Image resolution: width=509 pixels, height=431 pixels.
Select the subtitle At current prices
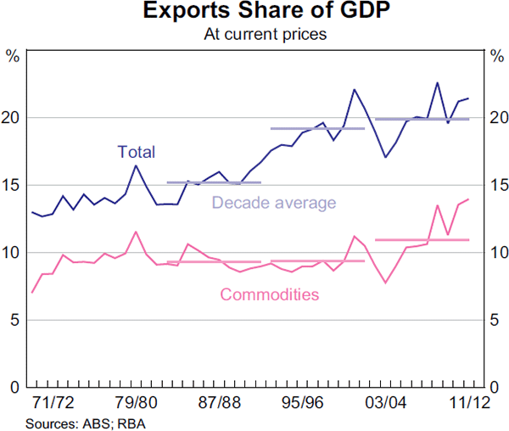(254, 35)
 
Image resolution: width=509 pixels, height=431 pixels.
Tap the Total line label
(136, 153)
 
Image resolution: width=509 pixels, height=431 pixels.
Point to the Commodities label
(269, 295)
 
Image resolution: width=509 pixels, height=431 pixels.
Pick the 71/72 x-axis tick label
(53, 401)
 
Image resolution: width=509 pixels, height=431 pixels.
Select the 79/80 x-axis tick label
(136, 401)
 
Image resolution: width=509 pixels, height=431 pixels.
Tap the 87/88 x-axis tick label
(219, 401)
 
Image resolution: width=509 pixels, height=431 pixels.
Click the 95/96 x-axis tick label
(302, 401)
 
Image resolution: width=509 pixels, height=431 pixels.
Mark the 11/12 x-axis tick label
(467, 401)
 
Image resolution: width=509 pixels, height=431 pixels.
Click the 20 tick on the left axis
(13, 117)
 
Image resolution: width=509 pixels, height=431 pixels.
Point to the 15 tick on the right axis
(496, 185)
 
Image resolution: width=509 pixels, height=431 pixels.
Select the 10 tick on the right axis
(496, 253)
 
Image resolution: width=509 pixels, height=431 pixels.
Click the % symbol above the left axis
(13, 57)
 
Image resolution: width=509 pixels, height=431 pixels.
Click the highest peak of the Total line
(437, 82)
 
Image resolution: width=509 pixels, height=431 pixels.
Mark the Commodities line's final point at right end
(468, 199)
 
